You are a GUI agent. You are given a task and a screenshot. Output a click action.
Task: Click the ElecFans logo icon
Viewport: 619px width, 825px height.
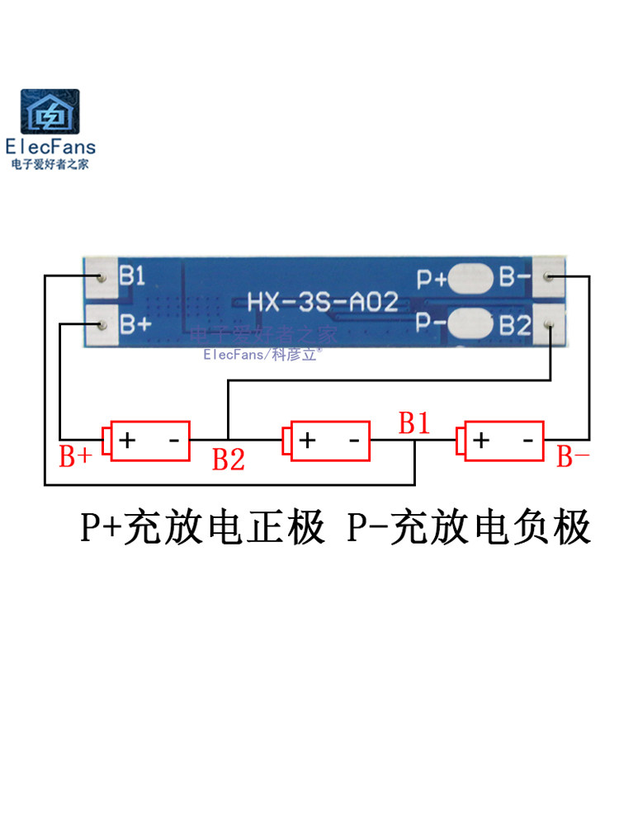tap(51, 112)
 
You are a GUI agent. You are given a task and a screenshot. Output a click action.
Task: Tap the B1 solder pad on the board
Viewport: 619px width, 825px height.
tap(100, 279)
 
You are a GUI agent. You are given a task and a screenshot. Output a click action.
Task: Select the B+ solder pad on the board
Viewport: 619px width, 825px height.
tap(100, 324)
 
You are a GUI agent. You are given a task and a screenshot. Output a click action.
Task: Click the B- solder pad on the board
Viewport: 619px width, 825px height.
tap(550, 278)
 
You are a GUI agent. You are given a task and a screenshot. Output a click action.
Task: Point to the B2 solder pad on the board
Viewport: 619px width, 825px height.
tap(550, 324)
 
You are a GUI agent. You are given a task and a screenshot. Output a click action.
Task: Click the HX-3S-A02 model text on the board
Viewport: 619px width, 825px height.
tap(323, 301)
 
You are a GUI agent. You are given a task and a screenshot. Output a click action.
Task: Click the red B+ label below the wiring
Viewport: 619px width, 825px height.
tap(74, 458)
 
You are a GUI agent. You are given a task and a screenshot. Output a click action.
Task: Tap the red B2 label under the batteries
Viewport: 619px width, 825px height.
tap(229, 460)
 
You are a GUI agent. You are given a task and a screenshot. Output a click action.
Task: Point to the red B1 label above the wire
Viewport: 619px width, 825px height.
tap(414, 424)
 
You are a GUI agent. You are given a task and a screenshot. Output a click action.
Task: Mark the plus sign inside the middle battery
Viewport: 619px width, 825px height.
tap(307, 440)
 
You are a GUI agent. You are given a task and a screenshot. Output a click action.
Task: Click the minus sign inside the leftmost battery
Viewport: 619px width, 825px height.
tap(174, 440)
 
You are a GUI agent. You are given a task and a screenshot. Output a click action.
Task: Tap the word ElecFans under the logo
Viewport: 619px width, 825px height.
tap(50, 148)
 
